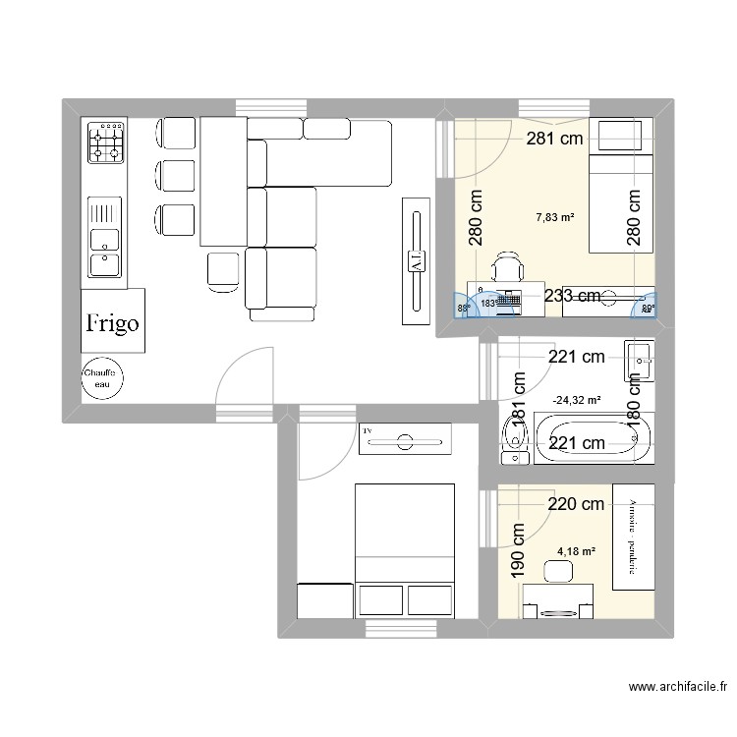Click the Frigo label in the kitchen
112,322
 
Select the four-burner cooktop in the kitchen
107,142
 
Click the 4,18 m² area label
577,552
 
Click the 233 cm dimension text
573,296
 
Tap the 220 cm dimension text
576,505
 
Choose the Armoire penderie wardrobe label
633,537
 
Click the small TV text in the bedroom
369,430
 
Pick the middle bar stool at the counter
174,174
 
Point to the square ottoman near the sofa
224,270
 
